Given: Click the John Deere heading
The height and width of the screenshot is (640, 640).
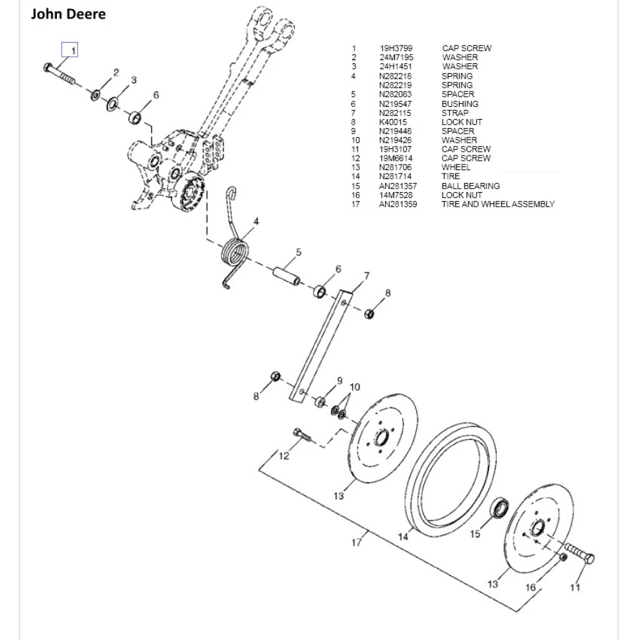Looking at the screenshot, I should click(68, 13).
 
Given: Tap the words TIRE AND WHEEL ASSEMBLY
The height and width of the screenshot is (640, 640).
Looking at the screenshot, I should click(498, 204).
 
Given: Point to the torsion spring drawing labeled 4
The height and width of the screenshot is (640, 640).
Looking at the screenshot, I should click(236, 250).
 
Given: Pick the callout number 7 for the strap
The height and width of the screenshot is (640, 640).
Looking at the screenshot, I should click(367, 276).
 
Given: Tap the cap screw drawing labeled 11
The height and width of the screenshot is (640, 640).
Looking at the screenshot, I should click(579, 553).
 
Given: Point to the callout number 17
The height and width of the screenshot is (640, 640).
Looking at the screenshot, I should click(356, 543).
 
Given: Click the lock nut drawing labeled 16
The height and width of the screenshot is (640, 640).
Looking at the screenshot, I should click(562, 557).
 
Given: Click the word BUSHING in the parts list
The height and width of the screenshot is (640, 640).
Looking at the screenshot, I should click(460, 104).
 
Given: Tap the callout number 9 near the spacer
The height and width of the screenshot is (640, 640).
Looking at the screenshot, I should click(340, 380).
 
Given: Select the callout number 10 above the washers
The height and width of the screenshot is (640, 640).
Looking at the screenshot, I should click(355, 387).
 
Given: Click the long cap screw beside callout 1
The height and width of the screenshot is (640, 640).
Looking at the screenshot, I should click(60, 76).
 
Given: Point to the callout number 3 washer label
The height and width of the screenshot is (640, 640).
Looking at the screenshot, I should click(134, 79).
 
